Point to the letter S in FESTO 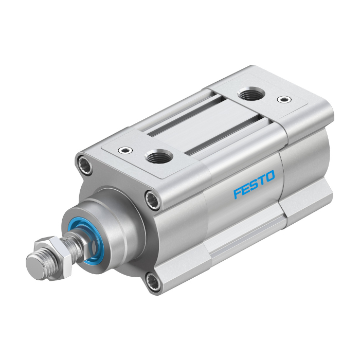(x=254, y=185)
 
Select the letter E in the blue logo (x=245, y=189)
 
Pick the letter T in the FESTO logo (x=262, y=180)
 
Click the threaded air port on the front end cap (x=158, y=156)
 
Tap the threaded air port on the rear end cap (x=251, y=94)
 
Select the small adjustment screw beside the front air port (x=125, y=150)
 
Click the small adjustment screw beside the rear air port (x=284, y=99)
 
